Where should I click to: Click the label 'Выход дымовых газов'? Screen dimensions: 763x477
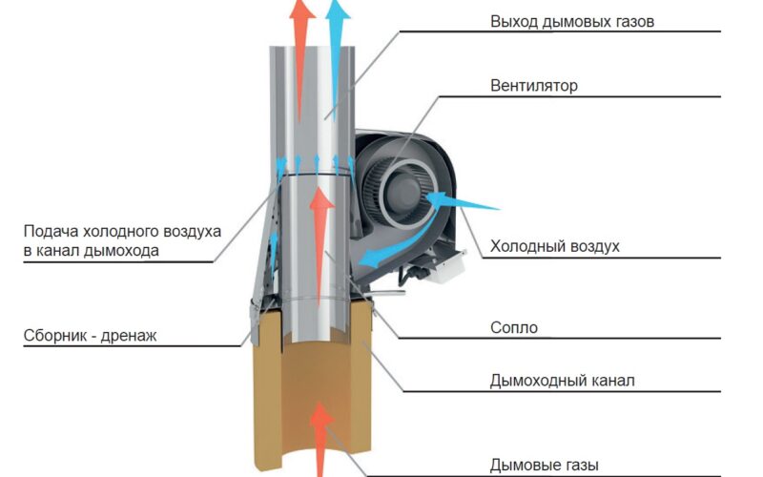(571, 22)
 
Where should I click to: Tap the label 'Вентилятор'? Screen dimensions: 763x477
(534, 86)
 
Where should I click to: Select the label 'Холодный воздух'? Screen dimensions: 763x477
(555, 246)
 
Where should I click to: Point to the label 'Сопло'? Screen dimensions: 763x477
(514, 327)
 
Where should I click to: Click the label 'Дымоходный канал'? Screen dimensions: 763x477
(562, 380)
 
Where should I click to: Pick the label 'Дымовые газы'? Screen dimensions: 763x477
(544, 466)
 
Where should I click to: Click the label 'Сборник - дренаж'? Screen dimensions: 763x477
(90, 336)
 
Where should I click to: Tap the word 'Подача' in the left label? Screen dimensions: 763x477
(51, 231)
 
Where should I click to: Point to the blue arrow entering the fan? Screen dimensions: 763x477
(462, 201)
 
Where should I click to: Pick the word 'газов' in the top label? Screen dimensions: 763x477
(630, 22)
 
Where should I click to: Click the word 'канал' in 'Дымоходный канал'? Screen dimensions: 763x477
(612, 381)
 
